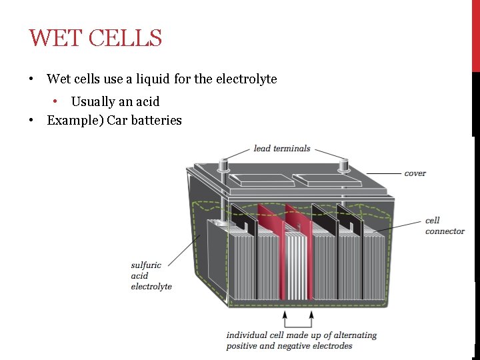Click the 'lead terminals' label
point(282,149)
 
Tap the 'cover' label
point(415,173)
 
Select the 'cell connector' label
point(445,226)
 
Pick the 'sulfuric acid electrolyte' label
point(151,276)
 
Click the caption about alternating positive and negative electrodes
point(301,340)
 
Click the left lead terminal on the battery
point(224,161)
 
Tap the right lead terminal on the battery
point(344,163)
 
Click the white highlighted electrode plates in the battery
point(295,265)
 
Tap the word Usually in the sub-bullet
point(93,102)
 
